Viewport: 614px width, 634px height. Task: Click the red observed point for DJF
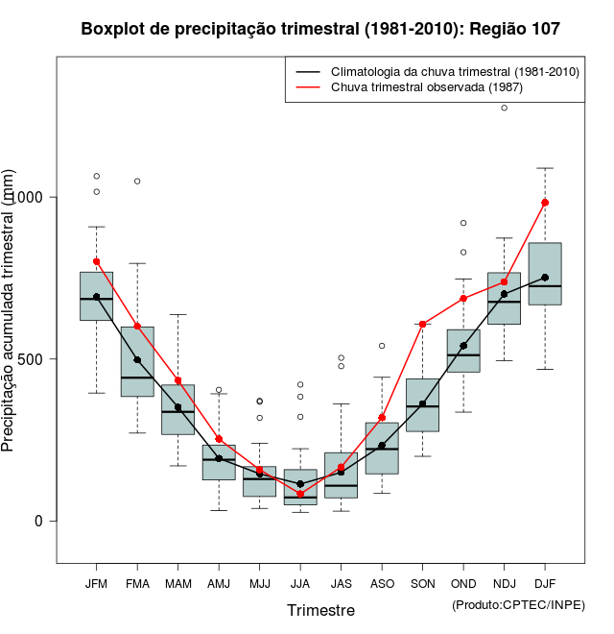(x=545, y=203)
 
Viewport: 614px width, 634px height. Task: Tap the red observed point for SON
(x=422, y=324)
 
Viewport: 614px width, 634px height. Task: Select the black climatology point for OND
(x=463, y=346)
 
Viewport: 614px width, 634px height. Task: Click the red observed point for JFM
(x=97, y=261)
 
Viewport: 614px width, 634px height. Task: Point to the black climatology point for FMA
(x=137, y=360)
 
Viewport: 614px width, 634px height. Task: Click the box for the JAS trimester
(x=341, y=475)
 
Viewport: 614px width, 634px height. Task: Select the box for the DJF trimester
(x=545, y=274)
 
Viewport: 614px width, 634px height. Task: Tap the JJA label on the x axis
(x=300, y=584)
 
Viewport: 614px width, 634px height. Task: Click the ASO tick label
(x=382, y=584)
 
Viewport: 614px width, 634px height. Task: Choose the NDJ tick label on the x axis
(x=504, y=584)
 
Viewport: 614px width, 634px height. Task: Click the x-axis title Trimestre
(x=320, y=610)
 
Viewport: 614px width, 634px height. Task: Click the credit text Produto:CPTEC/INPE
(x=518, y=604)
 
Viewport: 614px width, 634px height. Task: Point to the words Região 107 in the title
(x=514, y=30)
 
